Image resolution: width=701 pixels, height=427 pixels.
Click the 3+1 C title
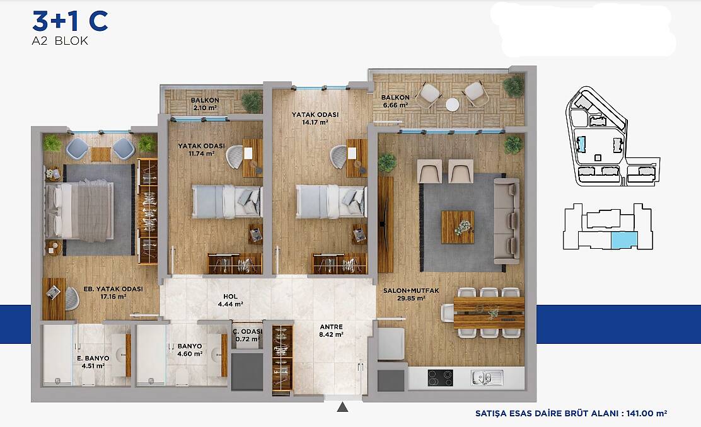tap(70, 21)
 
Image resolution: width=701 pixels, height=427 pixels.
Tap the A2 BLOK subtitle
tap(60, 41)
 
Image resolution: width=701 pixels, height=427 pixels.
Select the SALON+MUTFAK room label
tap(405, 291)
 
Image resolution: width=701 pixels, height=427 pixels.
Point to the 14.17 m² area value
tap(315, 122)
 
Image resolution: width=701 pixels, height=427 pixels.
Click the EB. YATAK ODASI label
tap(113, 289)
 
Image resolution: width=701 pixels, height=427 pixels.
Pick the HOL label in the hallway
tap(230, 297)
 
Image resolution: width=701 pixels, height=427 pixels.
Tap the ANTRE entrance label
tap(332, 327)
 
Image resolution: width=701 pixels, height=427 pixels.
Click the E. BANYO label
tap(93, 358)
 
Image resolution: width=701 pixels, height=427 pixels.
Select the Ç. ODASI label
tap(248, 331)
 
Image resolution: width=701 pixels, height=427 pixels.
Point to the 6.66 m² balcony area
tap(396, 105)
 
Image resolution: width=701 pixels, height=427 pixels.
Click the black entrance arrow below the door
tap(342, 407)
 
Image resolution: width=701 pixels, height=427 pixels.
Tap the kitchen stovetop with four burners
tap(441, 378)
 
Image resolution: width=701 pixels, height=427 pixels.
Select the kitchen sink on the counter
tap(487, 378)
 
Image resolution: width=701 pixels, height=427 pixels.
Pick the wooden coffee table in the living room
tap(458, 227)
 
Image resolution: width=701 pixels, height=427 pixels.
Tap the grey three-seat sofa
tap(507, 221)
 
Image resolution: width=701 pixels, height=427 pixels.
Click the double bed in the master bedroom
tap(79, 210)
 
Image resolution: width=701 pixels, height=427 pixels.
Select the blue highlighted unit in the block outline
tap(625, 241)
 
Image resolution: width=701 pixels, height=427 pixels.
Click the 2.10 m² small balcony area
tap(206, 108)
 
